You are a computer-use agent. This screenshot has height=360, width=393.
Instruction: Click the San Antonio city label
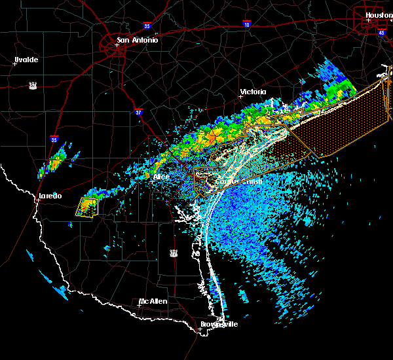tap(137, 40)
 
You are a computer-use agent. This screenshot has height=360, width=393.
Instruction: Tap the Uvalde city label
tap(26, 60)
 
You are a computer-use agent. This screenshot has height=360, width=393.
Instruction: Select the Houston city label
tap(379, 14)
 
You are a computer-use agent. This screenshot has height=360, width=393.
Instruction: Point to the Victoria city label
tap(253, 92)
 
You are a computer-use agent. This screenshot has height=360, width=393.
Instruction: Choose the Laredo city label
tap(48, 196)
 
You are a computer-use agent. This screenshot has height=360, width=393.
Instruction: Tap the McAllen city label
tap(153, 301)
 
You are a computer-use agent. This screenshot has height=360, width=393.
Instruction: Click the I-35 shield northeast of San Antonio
tap(148, 26)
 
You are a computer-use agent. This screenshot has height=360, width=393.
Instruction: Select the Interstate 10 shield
tap(246, 24)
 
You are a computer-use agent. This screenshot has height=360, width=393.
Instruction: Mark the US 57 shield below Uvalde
tap(32, 85)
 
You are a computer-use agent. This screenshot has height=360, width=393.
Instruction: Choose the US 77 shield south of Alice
tap(173, 252)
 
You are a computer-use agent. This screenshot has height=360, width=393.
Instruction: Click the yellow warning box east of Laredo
tap(86, 206)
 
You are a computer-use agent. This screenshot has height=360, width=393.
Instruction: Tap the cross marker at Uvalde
tap(14, 63)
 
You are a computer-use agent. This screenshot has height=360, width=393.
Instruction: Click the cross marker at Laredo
tap(37, 200)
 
